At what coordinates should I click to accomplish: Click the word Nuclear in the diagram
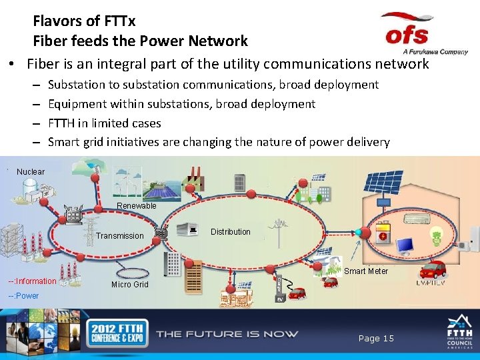click(31, 172)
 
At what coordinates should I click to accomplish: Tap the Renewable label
click(136, 206)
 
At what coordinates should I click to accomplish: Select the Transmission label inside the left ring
click(119, 236)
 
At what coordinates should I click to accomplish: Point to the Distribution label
click(231, 232)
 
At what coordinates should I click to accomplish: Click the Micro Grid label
click(130, 285)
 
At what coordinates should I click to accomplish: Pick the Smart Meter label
click(366, 271)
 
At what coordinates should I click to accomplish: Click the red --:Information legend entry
click(32, 281)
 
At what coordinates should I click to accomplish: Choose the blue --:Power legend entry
click(23, 296)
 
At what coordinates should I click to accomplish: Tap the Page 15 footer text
click(376, 339)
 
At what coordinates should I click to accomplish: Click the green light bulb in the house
click(437, 237)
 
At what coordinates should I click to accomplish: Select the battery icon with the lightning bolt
click(385, 235)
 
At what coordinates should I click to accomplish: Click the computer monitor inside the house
click(405, 245)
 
